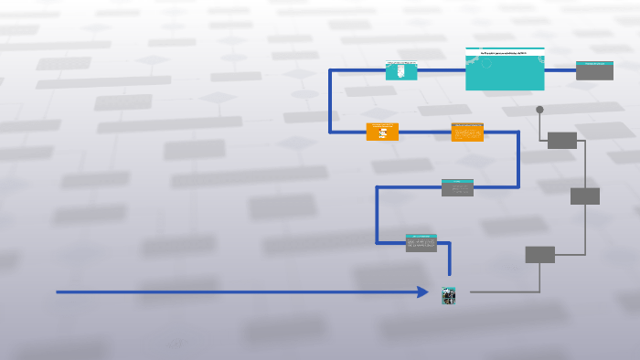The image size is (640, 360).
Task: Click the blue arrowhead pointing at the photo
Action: (423, 292)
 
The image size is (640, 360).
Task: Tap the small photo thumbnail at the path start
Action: (449, 295)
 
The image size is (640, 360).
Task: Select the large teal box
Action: (505, 72)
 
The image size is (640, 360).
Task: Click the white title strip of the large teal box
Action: (505, 53)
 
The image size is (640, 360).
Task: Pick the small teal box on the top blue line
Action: (401, 70)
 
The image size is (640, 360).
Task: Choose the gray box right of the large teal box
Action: (594, 70)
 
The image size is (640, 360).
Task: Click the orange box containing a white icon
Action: (382, 132)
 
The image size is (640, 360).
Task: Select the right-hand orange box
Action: (467, 132)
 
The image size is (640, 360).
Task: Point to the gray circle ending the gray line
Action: (539, 110)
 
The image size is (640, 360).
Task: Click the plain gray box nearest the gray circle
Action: (562, 140)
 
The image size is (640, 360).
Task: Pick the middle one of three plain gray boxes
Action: (585, 196)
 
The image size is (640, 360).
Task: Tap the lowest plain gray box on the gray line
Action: (539, 255)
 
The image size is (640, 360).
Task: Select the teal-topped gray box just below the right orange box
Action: (457, 188)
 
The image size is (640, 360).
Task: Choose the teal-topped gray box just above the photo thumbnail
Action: (421, 243)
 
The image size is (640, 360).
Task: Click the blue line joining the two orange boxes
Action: (425, 132)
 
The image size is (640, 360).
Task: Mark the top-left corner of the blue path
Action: (330, 70)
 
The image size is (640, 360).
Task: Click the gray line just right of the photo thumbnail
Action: (494, 292)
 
